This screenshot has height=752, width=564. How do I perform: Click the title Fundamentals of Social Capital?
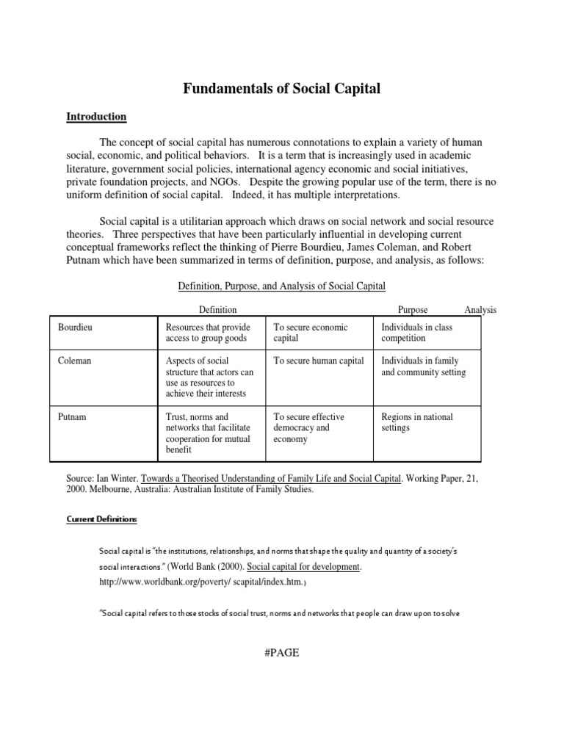pyautogui.click(x=282, y=90)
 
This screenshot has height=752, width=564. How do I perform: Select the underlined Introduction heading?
pyautogui.click(x=96, y=117)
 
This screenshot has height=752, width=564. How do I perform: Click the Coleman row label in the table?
pyautogui.click(x=75, y=361)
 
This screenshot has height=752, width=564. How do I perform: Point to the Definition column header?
pyautogui.click(x=218, y=310)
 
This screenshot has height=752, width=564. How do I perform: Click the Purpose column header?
pyautogui.click(x=413, y=310)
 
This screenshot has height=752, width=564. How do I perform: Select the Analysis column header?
pyautogui.click(x=480, y=310)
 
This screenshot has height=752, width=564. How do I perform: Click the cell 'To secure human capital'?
pyautogui.click(x=319, y=361)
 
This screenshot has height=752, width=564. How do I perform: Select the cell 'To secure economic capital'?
pyautogui.click(x=311, y=333)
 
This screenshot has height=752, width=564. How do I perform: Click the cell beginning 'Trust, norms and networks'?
pyautogui.click(x=209, y=433)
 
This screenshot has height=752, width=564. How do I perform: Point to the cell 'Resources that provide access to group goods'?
pyautogui.click(x=209, y=333)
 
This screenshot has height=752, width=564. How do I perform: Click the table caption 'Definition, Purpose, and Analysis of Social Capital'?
pyautogui.click(x=282, y=286)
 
